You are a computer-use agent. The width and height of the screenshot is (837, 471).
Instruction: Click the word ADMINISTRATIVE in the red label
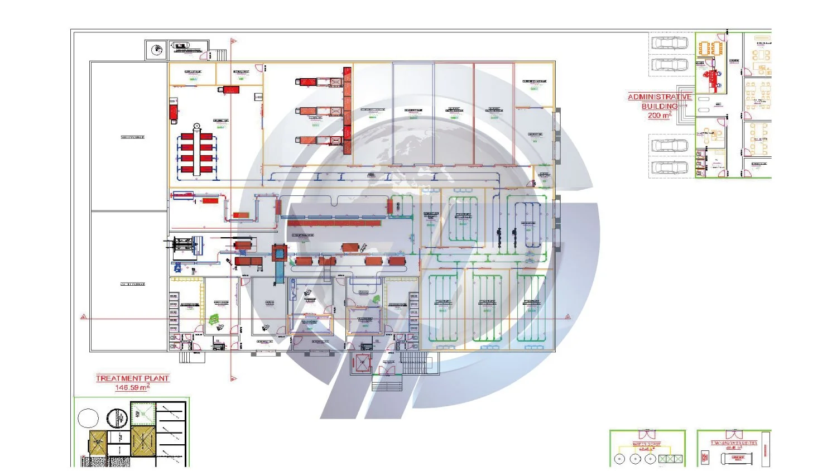(660, 97)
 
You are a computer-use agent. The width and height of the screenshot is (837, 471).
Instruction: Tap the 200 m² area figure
(659, 116)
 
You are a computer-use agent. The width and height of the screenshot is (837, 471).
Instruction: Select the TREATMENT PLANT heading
(132, 378)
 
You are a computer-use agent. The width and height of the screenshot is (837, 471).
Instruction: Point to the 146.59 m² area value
(132, 387)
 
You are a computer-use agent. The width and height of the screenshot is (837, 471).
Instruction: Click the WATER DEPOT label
(647, 445)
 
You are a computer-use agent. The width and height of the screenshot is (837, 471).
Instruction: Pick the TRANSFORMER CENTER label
(734, 443)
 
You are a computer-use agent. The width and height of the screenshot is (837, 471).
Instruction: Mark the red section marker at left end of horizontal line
(84, 317)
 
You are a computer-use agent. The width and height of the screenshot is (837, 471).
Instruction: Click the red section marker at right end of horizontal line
(567, 317)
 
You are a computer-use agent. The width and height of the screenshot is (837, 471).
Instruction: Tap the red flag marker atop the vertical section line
(234, 41)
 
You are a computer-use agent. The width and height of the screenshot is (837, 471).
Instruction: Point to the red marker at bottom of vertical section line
(233, 378)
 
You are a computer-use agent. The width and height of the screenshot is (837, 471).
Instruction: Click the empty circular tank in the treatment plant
(88, 418)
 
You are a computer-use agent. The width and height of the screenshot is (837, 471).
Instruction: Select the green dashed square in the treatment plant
(143, 414)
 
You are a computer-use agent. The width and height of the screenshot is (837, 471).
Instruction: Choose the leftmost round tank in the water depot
(620, 459)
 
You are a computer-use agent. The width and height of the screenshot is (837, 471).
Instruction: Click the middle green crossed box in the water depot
(670, 459)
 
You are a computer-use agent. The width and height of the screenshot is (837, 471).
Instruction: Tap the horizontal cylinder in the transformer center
(737, 459)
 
